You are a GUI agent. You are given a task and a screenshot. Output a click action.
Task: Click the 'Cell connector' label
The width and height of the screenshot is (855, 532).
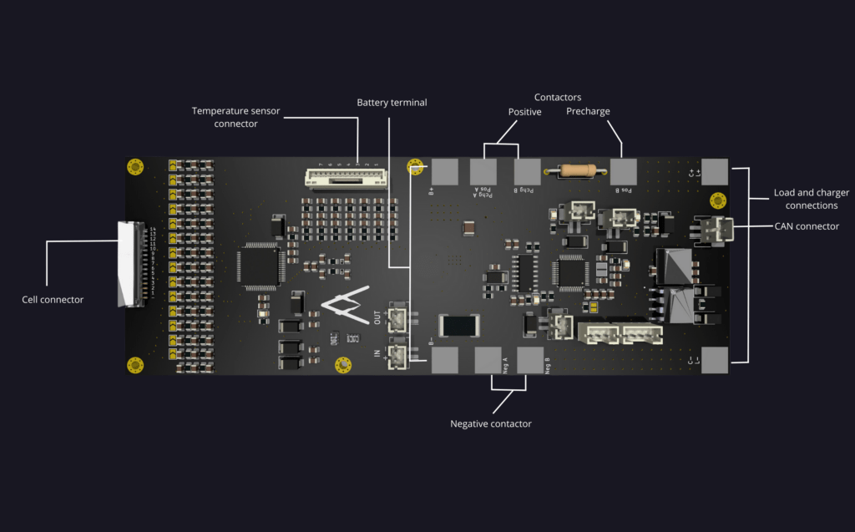pos(53,299)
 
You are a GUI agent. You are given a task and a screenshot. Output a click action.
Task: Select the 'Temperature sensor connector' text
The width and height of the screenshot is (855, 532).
pos(235,117)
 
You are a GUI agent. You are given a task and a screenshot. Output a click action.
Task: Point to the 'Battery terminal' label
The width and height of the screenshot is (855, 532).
pos(392,103)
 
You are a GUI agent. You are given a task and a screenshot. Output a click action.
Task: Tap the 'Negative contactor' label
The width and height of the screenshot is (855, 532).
pos(491,423)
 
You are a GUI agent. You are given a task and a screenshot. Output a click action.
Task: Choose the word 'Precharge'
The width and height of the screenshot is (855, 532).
pos(588,111)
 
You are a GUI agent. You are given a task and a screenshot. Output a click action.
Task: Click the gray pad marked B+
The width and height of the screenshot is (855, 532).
pos(445,171)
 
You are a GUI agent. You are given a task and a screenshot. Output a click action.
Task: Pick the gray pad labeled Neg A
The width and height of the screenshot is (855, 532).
pos(488,360)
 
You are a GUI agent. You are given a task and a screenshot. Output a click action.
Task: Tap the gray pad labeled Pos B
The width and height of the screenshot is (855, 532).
pos(623,171)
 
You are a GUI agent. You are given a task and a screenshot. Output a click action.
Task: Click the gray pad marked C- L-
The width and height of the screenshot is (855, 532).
pos(715,360)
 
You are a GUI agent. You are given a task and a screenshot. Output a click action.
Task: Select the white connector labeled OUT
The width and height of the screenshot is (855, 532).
pos(398,318)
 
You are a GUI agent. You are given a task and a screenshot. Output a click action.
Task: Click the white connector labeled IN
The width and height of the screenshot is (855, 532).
pos(398,357)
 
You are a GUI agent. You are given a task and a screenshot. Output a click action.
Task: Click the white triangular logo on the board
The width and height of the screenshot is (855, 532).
pos(346,308)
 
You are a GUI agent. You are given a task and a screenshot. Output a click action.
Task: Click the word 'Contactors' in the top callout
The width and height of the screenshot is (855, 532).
pos(558,98)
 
